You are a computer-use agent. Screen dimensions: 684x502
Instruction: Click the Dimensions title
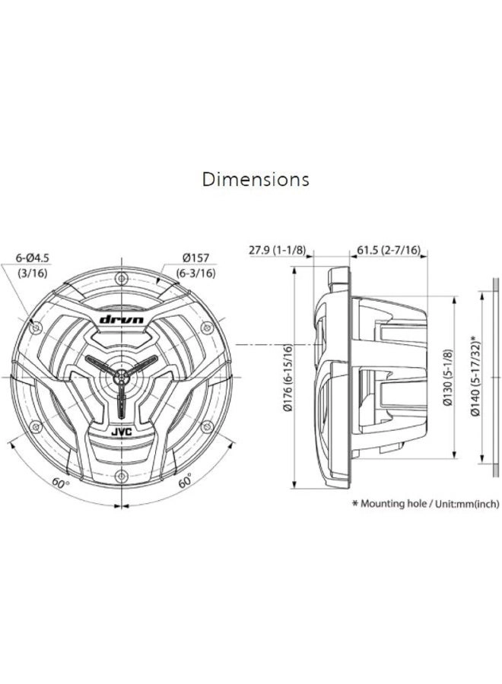(256, 180)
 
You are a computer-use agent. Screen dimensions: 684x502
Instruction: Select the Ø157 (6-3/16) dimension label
(195, 265)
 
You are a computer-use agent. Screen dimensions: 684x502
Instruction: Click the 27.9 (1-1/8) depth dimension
(277, 249)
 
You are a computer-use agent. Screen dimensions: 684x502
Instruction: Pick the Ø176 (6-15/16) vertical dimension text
(288, 378)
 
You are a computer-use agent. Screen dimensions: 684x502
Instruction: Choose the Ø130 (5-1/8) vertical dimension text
(449, 378)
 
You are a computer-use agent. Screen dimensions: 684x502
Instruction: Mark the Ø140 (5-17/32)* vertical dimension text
(474, 378)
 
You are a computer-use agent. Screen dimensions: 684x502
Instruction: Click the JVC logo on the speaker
(122, 432)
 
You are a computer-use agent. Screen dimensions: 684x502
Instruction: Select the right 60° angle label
(184, 483)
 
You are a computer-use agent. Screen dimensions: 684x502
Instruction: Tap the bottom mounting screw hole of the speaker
(122, 477)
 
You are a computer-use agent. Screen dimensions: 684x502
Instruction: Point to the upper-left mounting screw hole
(37, 328)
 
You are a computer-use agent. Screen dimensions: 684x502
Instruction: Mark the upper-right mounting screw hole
(207, 328)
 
